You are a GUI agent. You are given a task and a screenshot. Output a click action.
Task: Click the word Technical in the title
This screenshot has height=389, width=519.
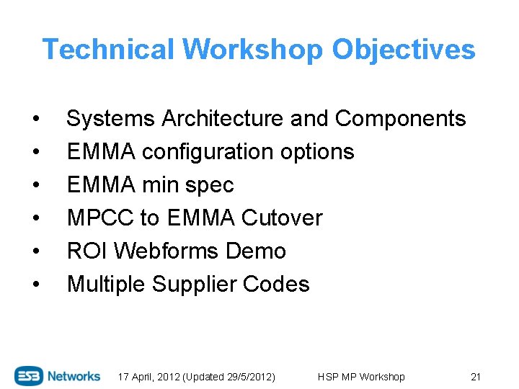109,50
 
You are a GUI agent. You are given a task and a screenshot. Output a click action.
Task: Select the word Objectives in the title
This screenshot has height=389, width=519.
404,50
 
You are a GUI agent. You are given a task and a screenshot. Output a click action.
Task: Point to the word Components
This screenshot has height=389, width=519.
401,118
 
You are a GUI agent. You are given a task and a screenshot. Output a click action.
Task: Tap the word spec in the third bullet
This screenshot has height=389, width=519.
209,185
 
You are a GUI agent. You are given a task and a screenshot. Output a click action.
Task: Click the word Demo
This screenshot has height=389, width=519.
256,251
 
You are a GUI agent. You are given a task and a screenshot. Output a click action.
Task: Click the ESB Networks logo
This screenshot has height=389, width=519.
58,376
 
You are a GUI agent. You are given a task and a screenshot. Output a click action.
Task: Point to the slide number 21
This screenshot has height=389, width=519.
475,377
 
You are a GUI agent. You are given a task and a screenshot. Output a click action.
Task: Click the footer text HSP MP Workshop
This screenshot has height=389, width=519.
361,377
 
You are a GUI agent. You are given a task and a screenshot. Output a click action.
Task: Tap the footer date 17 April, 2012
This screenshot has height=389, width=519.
154,377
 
